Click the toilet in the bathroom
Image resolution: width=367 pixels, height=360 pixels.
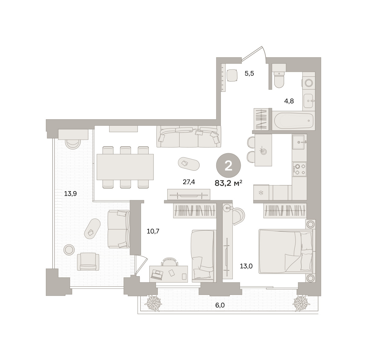[279, 79]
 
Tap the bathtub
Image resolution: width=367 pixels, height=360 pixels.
[293, 121]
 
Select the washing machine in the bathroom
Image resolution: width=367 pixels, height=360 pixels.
[309, 83]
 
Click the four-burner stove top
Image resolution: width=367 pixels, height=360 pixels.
[299, 169]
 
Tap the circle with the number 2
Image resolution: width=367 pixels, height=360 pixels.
[228, 165]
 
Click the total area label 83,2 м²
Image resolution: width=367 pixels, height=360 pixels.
[228, 183]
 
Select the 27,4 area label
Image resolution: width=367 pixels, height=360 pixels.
[189, 182]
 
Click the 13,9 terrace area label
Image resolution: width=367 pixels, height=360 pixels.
[70, 194]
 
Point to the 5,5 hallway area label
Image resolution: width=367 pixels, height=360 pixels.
[249, 73]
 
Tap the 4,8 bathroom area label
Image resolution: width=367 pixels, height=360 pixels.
[289, 101]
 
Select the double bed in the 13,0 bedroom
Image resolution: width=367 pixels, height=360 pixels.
[286, 252]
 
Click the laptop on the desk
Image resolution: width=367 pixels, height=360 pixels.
[157, 275]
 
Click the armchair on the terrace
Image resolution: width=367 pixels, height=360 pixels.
[88, 261]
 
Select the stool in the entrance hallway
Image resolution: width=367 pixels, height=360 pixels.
[232, 75]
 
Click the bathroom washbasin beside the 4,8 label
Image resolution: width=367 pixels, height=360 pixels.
[309, 101]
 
